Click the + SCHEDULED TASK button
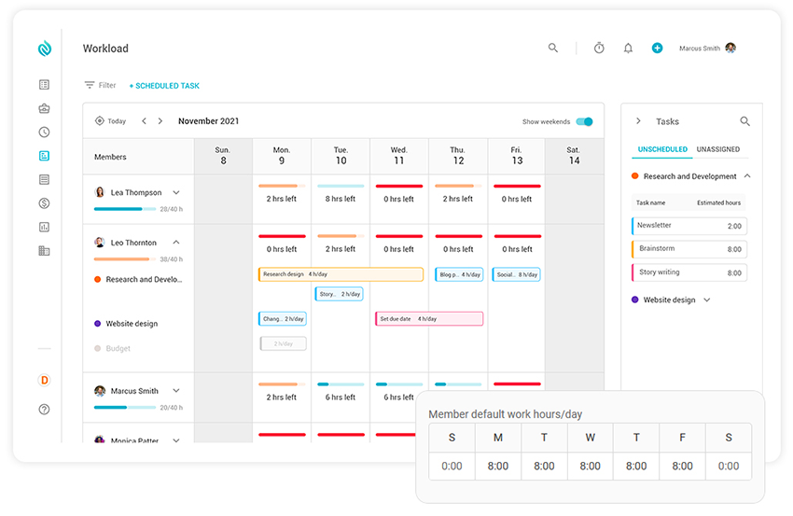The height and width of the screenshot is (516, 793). (164, 86)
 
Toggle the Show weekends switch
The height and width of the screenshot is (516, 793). (584, 121)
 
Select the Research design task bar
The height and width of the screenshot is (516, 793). (340, 274)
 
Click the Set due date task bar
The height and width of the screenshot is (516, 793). (429, 318)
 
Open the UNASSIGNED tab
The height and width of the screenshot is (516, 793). (717, 149)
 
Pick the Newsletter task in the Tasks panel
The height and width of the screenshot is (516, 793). (689, 226)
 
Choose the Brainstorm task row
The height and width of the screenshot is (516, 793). (689, 249)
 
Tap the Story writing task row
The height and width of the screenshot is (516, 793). (689, 272)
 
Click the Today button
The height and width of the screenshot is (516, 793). (110, 121)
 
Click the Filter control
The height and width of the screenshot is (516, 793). (100, 85)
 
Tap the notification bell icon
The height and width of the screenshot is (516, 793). (628, 49)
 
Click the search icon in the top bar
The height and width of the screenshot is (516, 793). (553, 49)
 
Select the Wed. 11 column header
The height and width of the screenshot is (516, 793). (398, 155)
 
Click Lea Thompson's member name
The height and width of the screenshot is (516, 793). (136, 193)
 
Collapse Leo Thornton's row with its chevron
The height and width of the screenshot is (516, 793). (176, 243)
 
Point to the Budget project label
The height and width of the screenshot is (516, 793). (118, 348)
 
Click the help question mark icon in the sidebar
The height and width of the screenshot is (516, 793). (44, 409)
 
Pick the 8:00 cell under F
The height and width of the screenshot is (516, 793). (682, 466)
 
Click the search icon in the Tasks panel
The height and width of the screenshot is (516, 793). (744, 121)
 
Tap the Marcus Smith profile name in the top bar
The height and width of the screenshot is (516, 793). (699, 49)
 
